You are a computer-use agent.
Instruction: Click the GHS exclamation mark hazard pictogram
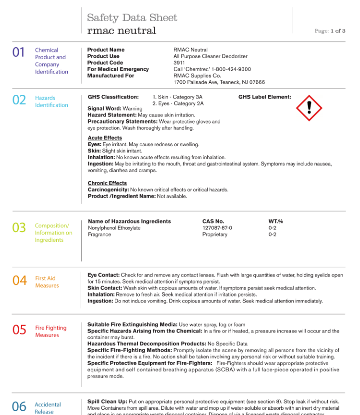(309, 108)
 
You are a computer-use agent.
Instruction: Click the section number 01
(18, 52)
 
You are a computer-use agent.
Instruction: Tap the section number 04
(19, 280)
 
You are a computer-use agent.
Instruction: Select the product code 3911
(179, 63)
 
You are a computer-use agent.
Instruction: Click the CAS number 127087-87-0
(217, 228)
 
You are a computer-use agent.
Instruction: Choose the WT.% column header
(275, 221)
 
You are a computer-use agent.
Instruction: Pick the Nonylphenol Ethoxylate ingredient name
(114, 228)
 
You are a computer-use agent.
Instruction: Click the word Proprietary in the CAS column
(214, 235)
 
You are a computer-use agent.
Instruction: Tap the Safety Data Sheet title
(132, 18)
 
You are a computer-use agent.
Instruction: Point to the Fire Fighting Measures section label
(50, 331)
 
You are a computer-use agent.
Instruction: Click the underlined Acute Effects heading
(105, 138)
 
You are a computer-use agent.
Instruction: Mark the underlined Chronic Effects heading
(107, 183)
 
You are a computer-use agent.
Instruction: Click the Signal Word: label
(104, 109)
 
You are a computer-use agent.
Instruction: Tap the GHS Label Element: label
(264, 97)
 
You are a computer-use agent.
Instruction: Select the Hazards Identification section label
(51, 101)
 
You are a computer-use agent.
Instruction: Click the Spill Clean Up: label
(107, 401)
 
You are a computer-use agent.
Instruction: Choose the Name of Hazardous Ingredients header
(129, 221)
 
